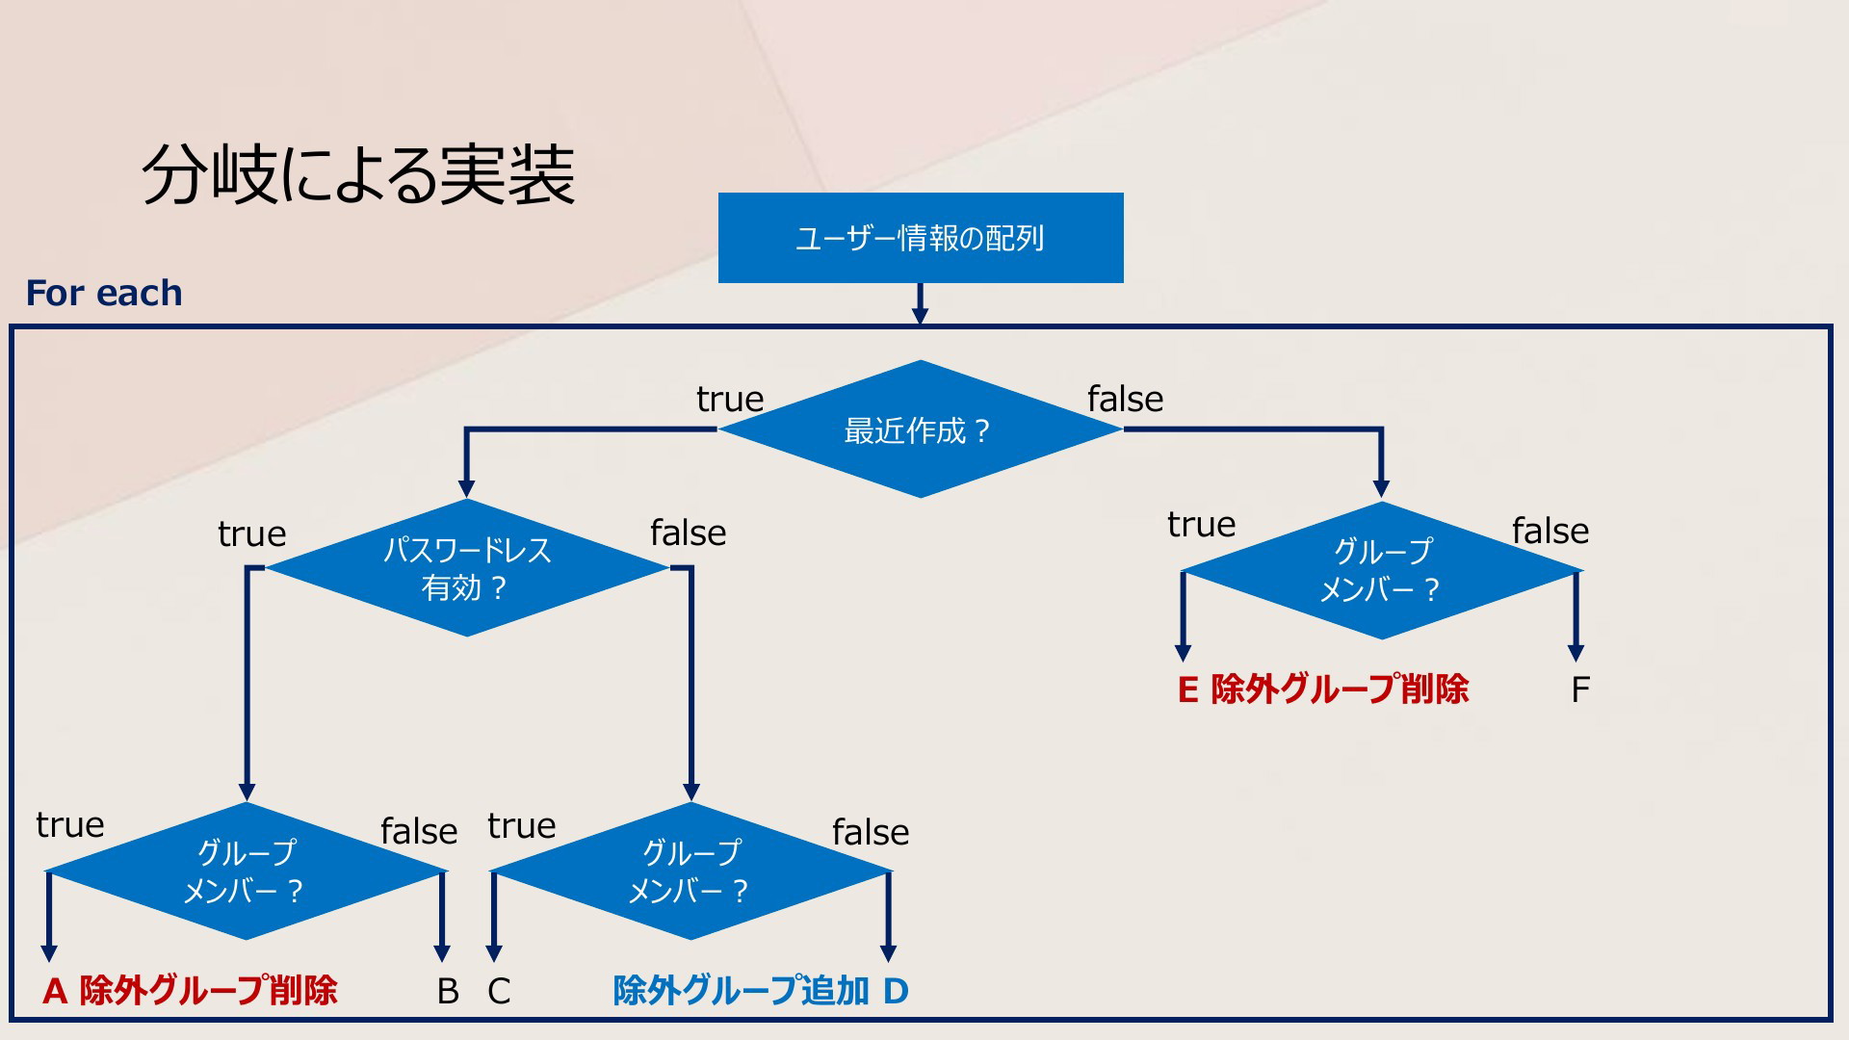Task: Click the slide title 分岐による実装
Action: tap(358, 175)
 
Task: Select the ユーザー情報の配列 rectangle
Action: tap(921, 238)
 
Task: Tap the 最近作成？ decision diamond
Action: tap(920, 429)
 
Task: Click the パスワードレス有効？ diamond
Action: tap(467, 568)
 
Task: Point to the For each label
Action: tap(104, 293)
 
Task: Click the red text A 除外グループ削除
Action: tap(190, 990)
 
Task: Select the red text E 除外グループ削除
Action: tap(1323, 689)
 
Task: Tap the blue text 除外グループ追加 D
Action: tap(761, 990)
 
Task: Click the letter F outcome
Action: tap(1580, 689)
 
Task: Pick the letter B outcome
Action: tap(448, 991)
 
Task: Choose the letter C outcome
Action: tap(499, 991)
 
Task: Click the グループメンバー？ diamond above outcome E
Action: tap(1382, 571)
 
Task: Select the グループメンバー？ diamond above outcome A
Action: tap(247, 871)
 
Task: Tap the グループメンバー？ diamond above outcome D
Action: tap(691, 871)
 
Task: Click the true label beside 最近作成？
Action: tap(730, 399)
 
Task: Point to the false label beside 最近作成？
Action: tap(1126, 398)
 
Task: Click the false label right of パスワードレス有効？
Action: tap(689, 532)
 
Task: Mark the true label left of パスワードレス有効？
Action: tap(252, 533)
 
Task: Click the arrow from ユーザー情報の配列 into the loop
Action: tap(920, 303)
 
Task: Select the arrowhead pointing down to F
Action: tap(1576, 653)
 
